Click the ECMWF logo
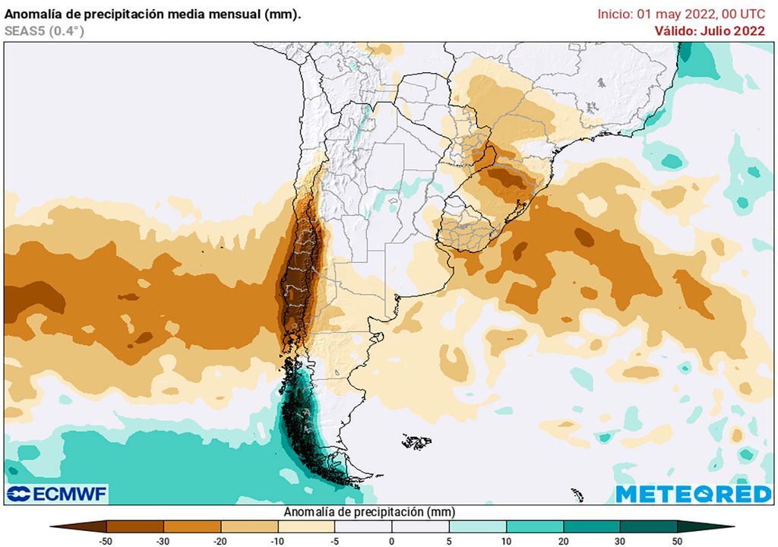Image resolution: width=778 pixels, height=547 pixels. pyautogui.click(x=58, y=493)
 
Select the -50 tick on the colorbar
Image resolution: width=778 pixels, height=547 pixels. pyautogui.click(x=106, y=540)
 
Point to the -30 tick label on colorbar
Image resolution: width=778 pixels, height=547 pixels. pyautogui.click(x=163, y=540)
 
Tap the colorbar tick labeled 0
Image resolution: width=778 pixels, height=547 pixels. pyautogui.click(x=391, y=540)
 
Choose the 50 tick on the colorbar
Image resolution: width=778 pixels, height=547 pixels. pyautogui.click(x=677, y=540)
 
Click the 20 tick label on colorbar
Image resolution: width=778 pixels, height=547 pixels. pyautogui.click(x=563, y=540)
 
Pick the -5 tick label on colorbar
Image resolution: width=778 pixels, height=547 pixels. pyautogui.click(x=334, y=540)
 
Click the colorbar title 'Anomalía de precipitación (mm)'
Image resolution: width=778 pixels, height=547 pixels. pyautogui.click(x=369, y=512)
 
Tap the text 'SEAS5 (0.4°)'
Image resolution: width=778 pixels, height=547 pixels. pyautogui.click(x=44, y=31)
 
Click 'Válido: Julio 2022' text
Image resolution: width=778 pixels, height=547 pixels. pyautogui.click(x=710, y=31)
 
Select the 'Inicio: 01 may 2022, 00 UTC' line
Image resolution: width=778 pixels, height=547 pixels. pyautogui.click(x=681, y=14)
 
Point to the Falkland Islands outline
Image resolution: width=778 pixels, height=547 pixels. pyautogui.click(x=416, y=441)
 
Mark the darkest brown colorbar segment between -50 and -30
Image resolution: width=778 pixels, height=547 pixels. pyautogui.click(x=134, y=526)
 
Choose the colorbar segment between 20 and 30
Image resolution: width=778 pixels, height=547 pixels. pyautogui.click(x=591, y=526)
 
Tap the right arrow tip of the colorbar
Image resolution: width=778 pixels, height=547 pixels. pyautogui.click(x=732, y=526)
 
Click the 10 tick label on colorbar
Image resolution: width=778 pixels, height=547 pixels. pyautogui.click(x=506, y=540)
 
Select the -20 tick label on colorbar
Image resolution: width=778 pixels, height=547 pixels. pyautogui.click(x=220, y=540)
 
